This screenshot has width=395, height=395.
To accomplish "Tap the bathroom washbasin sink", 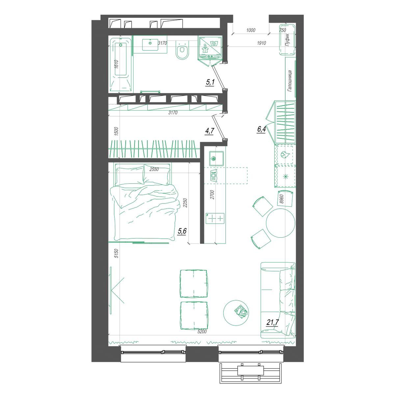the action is pos(150,44).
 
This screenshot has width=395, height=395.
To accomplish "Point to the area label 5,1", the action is pos(210,83).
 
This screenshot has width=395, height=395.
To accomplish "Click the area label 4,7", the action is pos(209,131).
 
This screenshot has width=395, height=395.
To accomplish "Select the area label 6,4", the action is pos(261,130).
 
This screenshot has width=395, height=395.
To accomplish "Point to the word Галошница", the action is pos(290,81).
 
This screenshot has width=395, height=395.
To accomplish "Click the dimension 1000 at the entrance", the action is pos(251,30).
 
